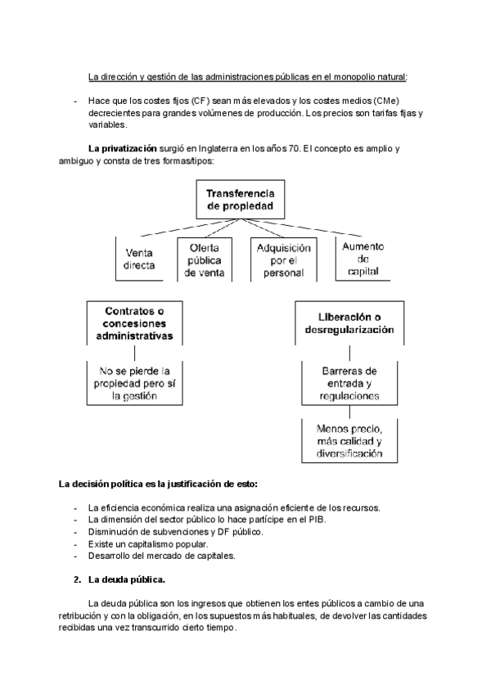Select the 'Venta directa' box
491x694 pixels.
point(140,259)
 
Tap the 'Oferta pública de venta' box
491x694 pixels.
point(205,259)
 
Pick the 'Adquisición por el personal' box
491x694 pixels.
point(283,259)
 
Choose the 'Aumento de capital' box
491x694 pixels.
point(363,259)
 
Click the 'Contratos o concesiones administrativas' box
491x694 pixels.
point(134,323)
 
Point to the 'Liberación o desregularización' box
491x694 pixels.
point(349,323)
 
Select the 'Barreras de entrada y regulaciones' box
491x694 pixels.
point(349,382)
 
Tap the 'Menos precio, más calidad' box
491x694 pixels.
point(349,440)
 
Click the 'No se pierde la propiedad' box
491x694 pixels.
point(134,382)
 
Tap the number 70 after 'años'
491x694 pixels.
point(294,149)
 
